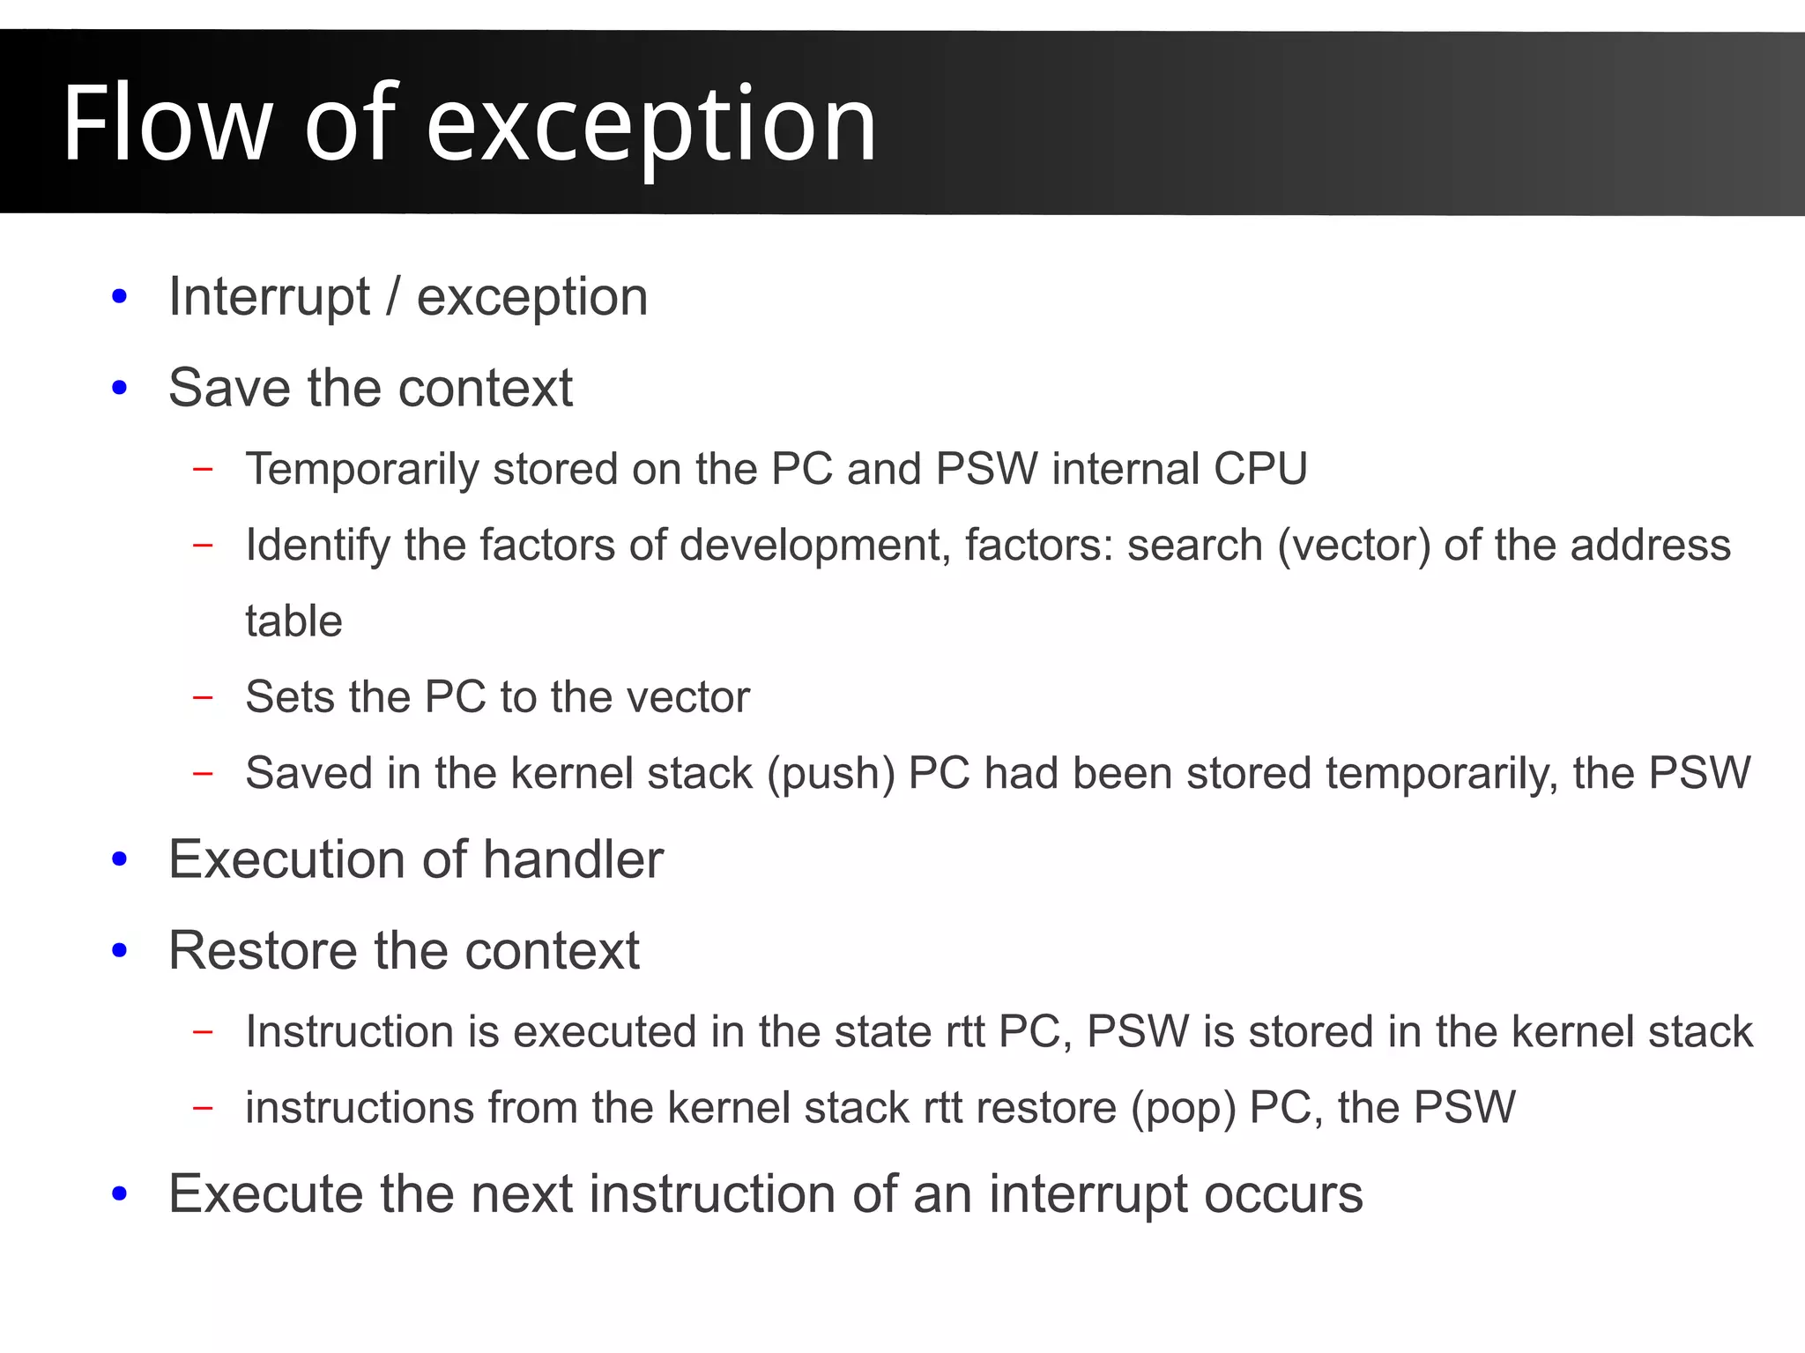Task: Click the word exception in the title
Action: point(651,125)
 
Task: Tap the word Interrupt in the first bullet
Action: point(269,297)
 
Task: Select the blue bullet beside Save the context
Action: point(120,388)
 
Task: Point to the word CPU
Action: point(1259,468)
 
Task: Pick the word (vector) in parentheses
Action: point(1354,546)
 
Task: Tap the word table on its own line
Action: point(293,621)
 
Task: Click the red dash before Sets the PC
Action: point(203,697)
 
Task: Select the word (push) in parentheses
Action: point(830,773)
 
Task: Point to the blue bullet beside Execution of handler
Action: point(120,859)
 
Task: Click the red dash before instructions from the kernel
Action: point(203,1108)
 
